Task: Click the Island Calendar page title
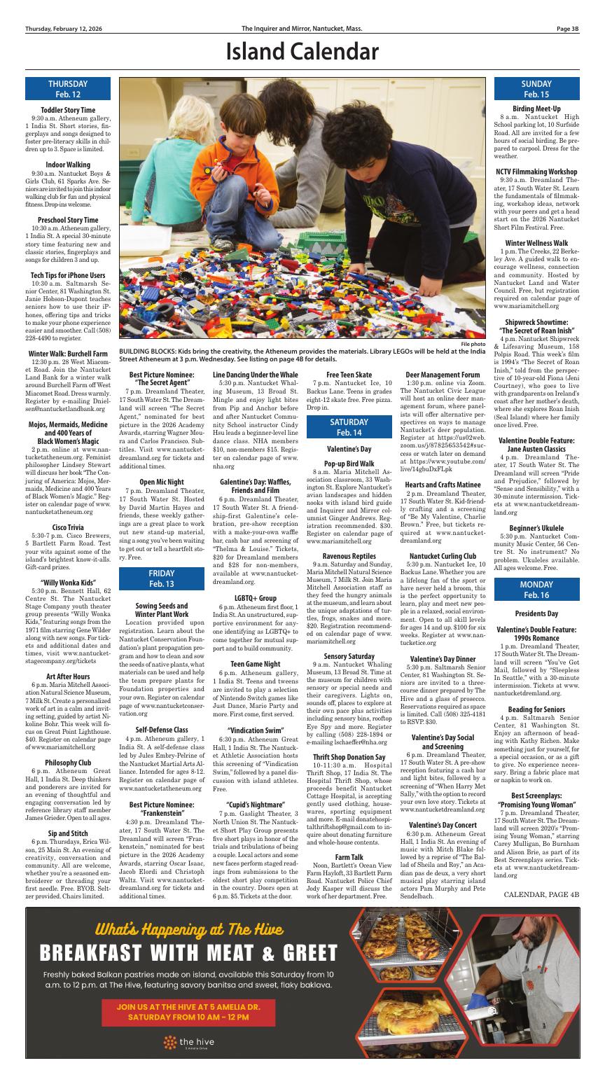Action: coord(302,52)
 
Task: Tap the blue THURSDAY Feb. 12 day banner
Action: coord(68,89)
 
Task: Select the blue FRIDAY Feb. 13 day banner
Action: coord(162,578)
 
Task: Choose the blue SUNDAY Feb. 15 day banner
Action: coord(536,89)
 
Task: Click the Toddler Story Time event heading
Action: coord(68,110)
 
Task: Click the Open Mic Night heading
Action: coord(162,482)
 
